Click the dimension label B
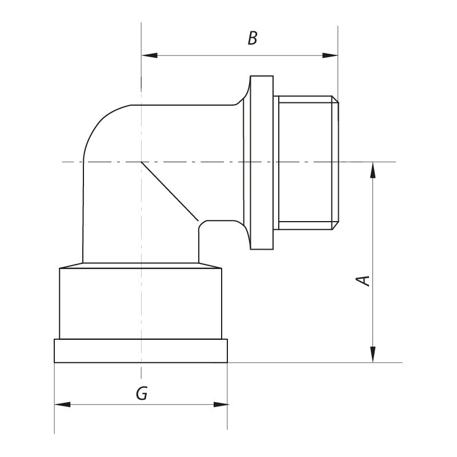click(252, 39)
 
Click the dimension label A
click(363, 280)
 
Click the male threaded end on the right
click(306, 163)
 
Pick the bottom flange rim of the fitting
click(141, 351)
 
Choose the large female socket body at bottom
click(141, 303)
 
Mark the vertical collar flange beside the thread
click(262, 163)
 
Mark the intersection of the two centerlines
click(141, 162)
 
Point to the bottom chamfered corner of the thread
click(335, 226)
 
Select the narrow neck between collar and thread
click(276, 163)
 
